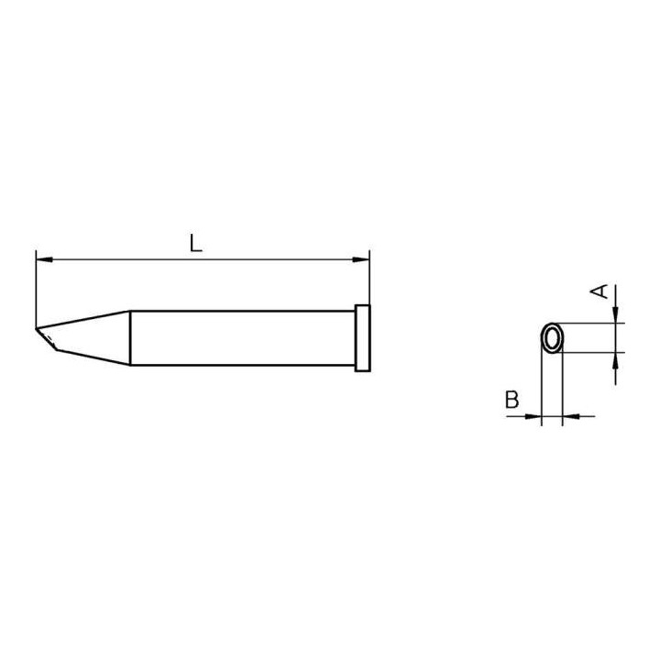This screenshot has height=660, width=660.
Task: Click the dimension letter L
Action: coord(195,244)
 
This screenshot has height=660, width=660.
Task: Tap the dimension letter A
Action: coord(599,291)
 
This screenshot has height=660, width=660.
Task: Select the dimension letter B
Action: coord(511,400)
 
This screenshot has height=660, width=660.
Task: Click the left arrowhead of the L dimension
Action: coord(43,260)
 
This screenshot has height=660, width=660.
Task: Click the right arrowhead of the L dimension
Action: coord(362,260)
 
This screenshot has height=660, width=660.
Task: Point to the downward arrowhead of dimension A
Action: coord(616,315)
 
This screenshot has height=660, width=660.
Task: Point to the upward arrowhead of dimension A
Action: coord(616,360)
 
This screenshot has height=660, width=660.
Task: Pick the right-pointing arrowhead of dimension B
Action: coord(535,416)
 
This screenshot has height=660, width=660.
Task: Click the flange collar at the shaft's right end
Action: coord(362,338)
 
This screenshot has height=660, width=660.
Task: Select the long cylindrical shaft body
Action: coord(243,338)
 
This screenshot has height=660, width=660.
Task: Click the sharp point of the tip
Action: coord(37,329)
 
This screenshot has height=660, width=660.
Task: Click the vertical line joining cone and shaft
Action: coord(130,338)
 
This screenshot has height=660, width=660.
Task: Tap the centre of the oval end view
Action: coord(552,338)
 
